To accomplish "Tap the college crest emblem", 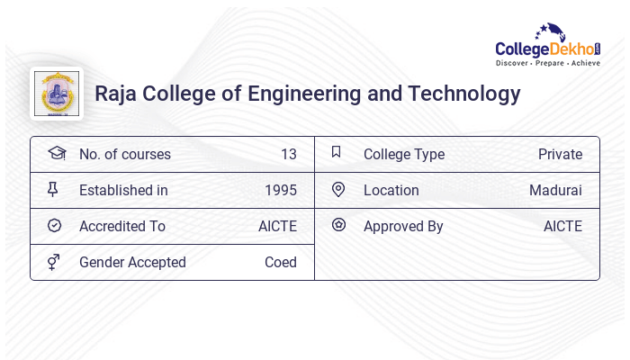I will [56, 94].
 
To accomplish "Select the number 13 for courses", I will [288, 154].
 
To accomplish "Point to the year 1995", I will [281, 190].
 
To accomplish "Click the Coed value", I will [281, 262].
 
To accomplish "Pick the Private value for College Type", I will [560, 154].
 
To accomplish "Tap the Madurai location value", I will [555, 190].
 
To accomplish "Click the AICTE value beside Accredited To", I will [277, 226].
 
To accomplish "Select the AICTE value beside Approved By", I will [562, 226].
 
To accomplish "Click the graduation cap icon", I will [56, 153].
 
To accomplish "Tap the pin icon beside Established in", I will [53, 190].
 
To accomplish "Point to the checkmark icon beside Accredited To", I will [54, 226].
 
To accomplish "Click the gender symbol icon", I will [54, 262].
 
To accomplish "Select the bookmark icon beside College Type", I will [337, 152].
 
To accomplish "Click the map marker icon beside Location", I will [338, 190].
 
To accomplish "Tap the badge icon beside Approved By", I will [338, 225].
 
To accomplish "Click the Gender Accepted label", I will [132, 262].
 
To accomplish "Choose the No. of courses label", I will [124, 154].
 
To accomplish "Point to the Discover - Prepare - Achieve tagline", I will [548, 64].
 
